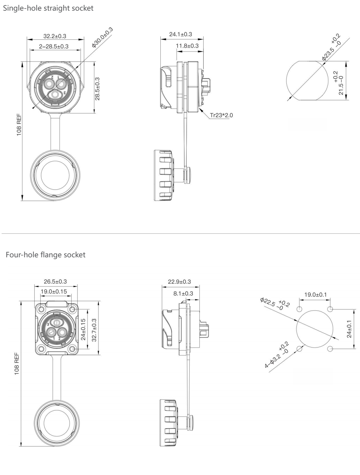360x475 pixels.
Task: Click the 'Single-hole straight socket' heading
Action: click(48, 8)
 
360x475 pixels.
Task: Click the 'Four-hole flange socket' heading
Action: click(46, 255)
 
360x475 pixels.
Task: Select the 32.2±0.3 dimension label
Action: click(55, 36)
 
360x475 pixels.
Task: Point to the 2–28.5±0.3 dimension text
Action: click(54, 46)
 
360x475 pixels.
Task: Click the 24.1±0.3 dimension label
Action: click(180, 34)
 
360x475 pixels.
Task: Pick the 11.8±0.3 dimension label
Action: click(187, 46)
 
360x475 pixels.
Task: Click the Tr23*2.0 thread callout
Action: click(222, 115)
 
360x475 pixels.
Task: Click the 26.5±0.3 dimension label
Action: click(55, 282)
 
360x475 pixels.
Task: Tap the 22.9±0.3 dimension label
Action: click(179, 282)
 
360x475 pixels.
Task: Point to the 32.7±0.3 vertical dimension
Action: click(94, 330)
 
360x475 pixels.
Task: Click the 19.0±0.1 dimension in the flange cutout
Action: click(315, 295)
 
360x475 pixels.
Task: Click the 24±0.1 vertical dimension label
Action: click(349, 329)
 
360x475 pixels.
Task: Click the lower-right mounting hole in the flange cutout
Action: click(330, 349)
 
